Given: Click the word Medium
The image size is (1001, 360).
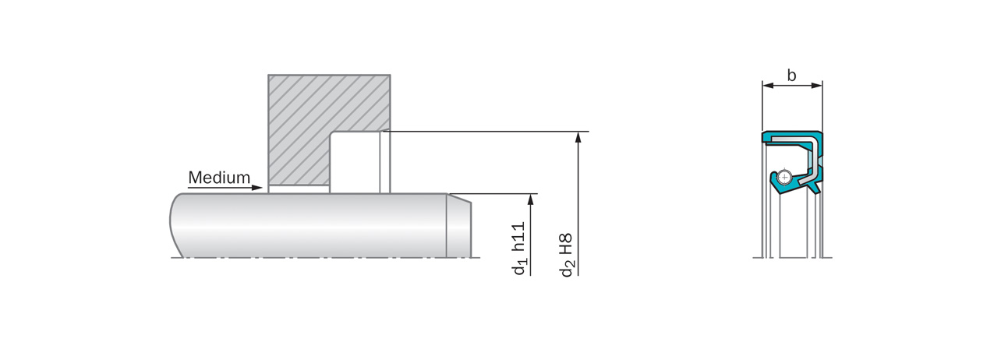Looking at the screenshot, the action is point(219,178).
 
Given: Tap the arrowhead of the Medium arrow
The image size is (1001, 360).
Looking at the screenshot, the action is point(257,188).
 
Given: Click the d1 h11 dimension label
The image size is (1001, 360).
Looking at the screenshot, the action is point(519,249).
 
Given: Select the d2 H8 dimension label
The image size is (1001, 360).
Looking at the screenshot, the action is point(566,255).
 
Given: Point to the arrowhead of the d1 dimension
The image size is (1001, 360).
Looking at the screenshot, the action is point(531,199).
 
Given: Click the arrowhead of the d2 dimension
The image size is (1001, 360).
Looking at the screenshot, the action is point(578,137).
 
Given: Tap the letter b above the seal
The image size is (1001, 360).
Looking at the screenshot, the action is point(791,76).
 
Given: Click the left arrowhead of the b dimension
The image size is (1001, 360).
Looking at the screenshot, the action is point(768,85).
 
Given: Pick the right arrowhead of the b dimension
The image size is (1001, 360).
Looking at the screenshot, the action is point(816,85).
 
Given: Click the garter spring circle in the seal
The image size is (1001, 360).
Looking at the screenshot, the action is point(784,178).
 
